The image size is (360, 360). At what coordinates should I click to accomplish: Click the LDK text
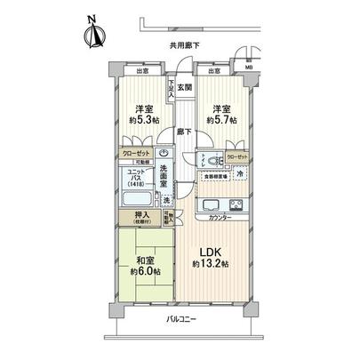coord(208,252)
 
